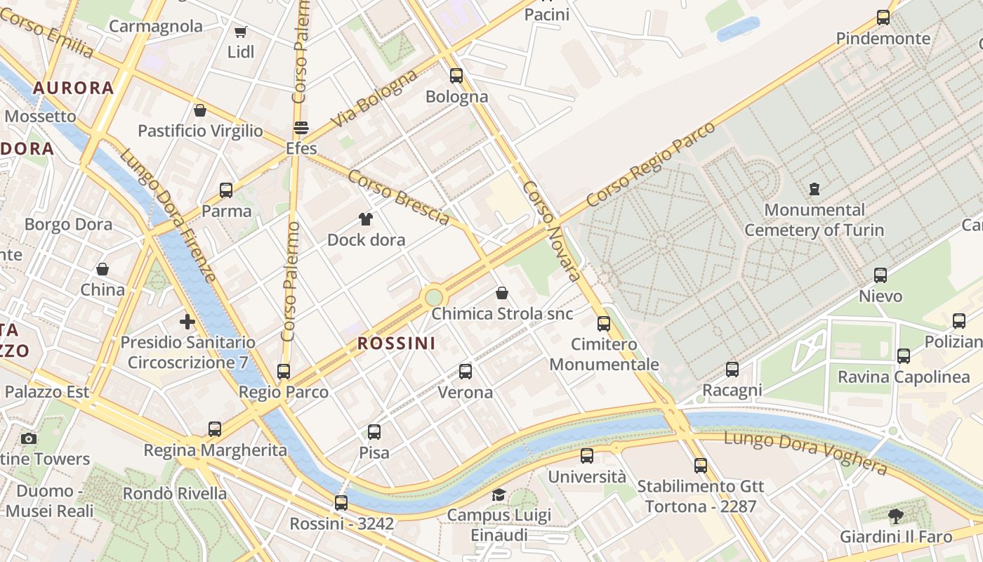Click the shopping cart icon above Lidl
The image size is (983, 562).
click(241, 32)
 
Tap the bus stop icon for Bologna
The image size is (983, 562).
click(456, 76)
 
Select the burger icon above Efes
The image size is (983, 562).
click(301, 128)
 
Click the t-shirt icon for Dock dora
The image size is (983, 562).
click(366, 219)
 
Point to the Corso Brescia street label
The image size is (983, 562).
click(398, 197)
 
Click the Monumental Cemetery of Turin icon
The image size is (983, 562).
click(814, 189)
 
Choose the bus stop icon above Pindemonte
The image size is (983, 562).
click(883, 18)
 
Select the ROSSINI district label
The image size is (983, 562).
click(396, 344)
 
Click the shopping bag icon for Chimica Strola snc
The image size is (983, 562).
click(502, 293)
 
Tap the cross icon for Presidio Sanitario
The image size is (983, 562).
click(187, 322)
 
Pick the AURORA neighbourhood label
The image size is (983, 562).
click(73, 88)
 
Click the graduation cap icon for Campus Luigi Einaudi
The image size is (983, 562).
click(499, 495)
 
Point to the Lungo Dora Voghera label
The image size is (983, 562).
click(805, 453)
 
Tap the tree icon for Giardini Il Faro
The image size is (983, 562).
click(896, 516)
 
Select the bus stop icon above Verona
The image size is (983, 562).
click(465, 372)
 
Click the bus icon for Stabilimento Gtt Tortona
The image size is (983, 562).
click(700, 465)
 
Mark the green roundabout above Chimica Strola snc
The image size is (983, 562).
click(434, 297)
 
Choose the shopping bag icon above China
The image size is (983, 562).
click(103, 269)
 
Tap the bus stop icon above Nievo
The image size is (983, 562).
click(880, 275)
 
